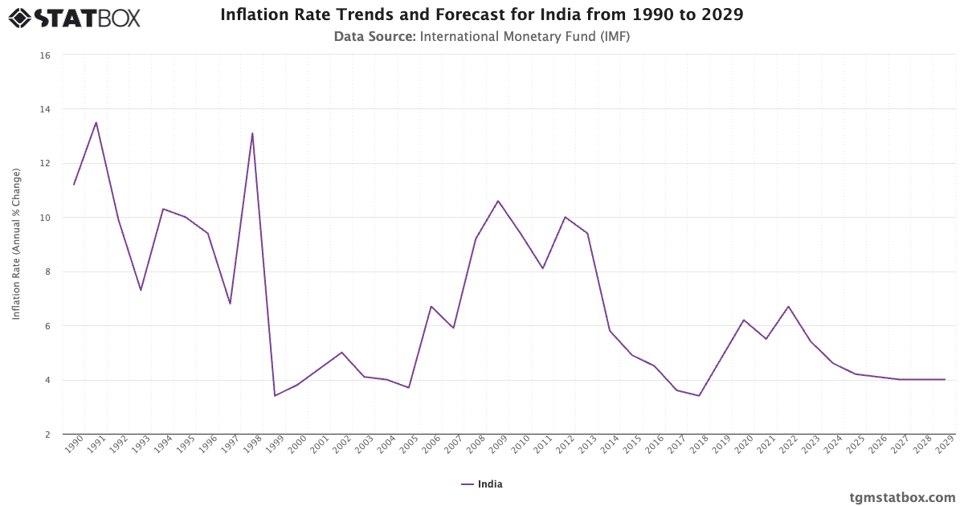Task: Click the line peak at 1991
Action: click(96, 122)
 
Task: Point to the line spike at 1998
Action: click(252, 133)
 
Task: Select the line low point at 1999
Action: click(275, 395)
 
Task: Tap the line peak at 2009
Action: click(498, 201)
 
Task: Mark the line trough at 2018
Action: click(699, 395)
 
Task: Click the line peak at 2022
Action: click(789, 306)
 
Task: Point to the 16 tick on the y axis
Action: click(45, 55)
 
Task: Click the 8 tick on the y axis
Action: click(47, 272)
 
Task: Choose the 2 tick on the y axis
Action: click(47, 435)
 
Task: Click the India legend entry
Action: click(482, 484)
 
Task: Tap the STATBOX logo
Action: click(75, 18)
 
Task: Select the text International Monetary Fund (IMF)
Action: click(525, 36)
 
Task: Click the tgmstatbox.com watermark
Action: click(902, 497)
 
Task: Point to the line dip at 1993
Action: click(141, 290)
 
